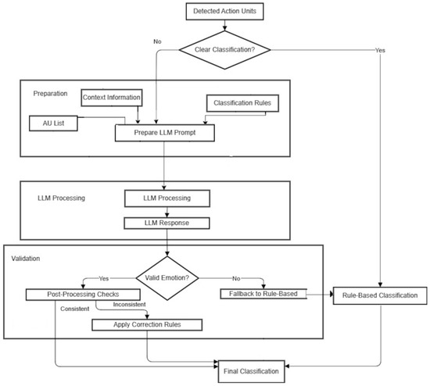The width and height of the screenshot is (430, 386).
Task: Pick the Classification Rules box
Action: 242,102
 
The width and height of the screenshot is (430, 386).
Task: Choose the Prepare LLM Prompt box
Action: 164,134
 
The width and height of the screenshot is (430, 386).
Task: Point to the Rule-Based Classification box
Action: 380,295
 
